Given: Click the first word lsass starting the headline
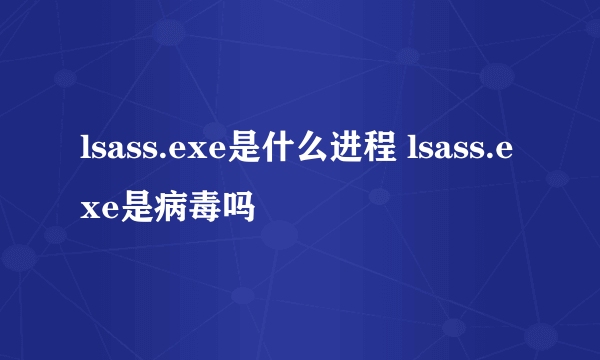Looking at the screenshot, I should click(x=115, y=151).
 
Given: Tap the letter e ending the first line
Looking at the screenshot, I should click(x=506, y=153).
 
